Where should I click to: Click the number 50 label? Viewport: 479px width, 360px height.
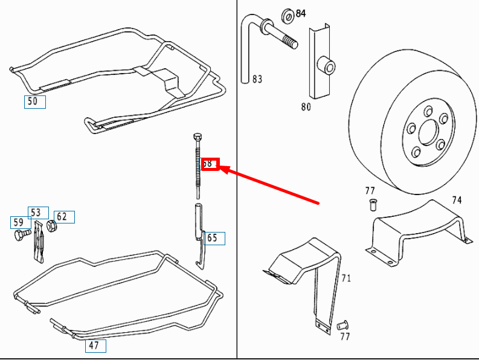coord(34,101)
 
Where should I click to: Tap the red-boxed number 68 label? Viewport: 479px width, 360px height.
coord(209,164)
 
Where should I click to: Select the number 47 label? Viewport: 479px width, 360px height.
coord(95,346)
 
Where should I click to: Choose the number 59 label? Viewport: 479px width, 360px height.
coord(19,222)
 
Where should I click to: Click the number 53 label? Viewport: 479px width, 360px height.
coord(37,212)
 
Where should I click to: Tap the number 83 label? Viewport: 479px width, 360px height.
coord(257,79)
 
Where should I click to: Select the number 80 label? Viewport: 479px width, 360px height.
coord(306,107)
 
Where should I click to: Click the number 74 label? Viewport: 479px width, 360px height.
coord(457,200)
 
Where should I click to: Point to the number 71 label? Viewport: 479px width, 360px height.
coord(346,278)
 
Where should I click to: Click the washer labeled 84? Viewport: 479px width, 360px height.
coord(288,14)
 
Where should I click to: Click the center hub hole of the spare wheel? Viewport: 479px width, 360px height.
coord(428,131)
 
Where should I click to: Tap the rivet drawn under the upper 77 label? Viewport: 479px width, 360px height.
coord(373,205)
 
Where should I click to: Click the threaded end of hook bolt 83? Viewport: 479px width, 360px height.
coord(291,43)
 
